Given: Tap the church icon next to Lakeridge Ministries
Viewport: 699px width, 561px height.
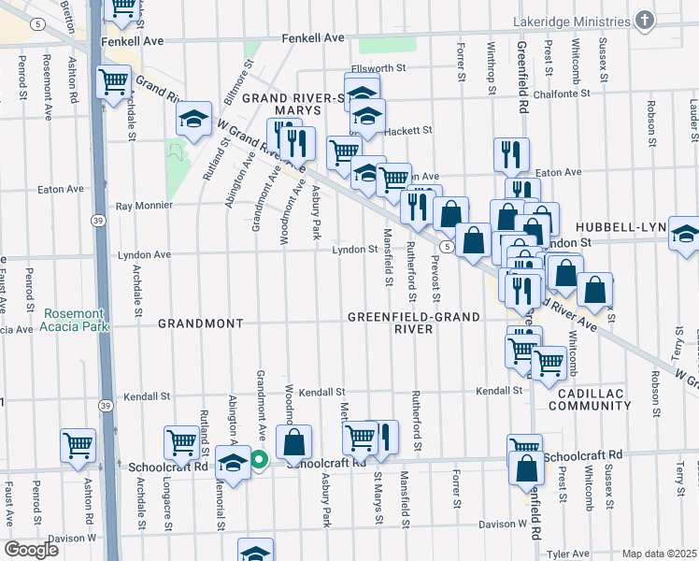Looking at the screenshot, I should pos(643,20).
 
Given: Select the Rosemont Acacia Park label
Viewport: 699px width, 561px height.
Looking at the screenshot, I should pos(75,320).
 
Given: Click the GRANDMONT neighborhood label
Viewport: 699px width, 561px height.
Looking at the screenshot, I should pos(201,323).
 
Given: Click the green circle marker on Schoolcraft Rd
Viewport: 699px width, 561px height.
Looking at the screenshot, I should pos(259,459).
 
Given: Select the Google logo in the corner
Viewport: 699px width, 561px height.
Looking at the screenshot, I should pos(31,550).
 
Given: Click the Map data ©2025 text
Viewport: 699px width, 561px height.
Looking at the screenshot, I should pos(659,554).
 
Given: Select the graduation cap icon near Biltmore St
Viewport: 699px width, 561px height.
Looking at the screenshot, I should pos(194,118).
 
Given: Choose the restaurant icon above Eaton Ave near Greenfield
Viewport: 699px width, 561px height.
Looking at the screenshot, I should pos(511,153).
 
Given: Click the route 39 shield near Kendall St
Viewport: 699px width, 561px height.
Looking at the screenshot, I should pos(106,405).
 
